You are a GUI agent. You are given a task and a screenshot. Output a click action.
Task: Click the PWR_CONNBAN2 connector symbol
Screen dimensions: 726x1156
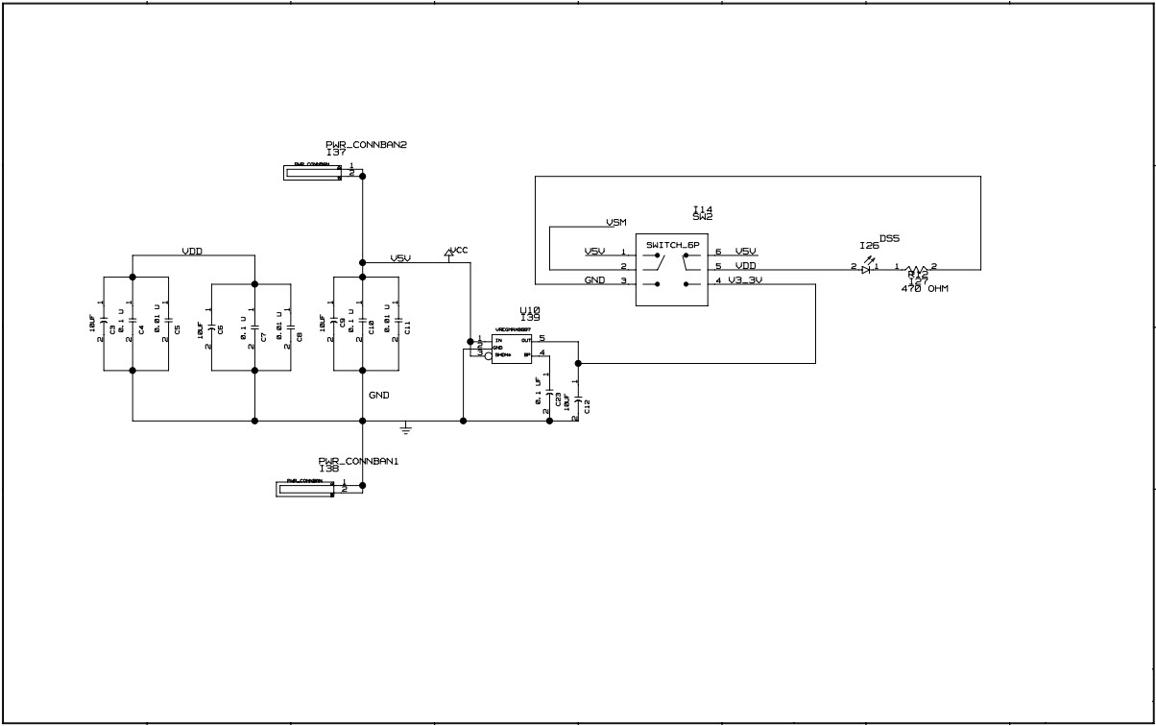pyautogui.click(x=313, y=173)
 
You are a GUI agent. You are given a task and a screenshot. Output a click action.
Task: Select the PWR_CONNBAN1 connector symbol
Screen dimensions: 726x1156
pyautogui.click(x=307, y=489)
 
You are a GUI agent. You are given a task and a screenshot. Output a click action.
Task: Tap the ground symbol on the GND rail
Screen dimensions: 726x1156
pyautogui.click(x=406, y=427)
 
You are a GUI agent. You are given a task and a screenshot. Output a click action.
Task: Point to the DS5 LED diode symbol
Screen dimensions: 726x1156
pyautogui.click(x=866, y=269)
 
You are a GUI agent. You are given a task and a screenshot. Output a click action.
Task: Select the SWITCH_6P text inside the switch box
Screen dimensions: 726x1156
pyautogui.click(x=672, y=245)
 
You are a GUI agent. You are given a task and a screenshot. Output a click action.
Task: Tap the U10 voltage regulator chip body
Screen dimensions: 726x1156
pyautogui.click(x=512, y=348)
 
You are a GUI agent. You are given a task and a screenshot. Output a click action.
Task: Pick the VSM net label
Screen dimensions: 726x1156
pyautogui.click(x=616, y=222)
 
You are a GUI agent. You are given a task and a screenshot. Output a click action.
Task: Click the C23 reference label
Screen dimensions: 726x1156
pyautogui.click(x=558, y=400)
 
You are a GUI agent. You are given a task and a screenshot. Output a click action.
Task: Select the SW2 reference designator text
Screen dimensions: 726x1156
pyautogui.click(x=703, y=218)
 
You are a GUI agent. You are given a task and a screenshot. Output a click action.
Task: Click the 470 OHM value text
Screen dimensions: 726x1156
pyautogui.click(x=925, y=289)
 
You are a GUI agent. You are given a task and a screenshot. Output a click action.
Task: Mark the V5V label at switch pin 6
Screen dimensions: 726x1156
pyautogui.click(x=747, y=252)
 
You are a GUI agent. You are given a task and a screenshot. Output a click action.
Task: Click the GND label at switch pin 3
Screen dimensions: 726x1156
pyautogui.click(x=594, y=280)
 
